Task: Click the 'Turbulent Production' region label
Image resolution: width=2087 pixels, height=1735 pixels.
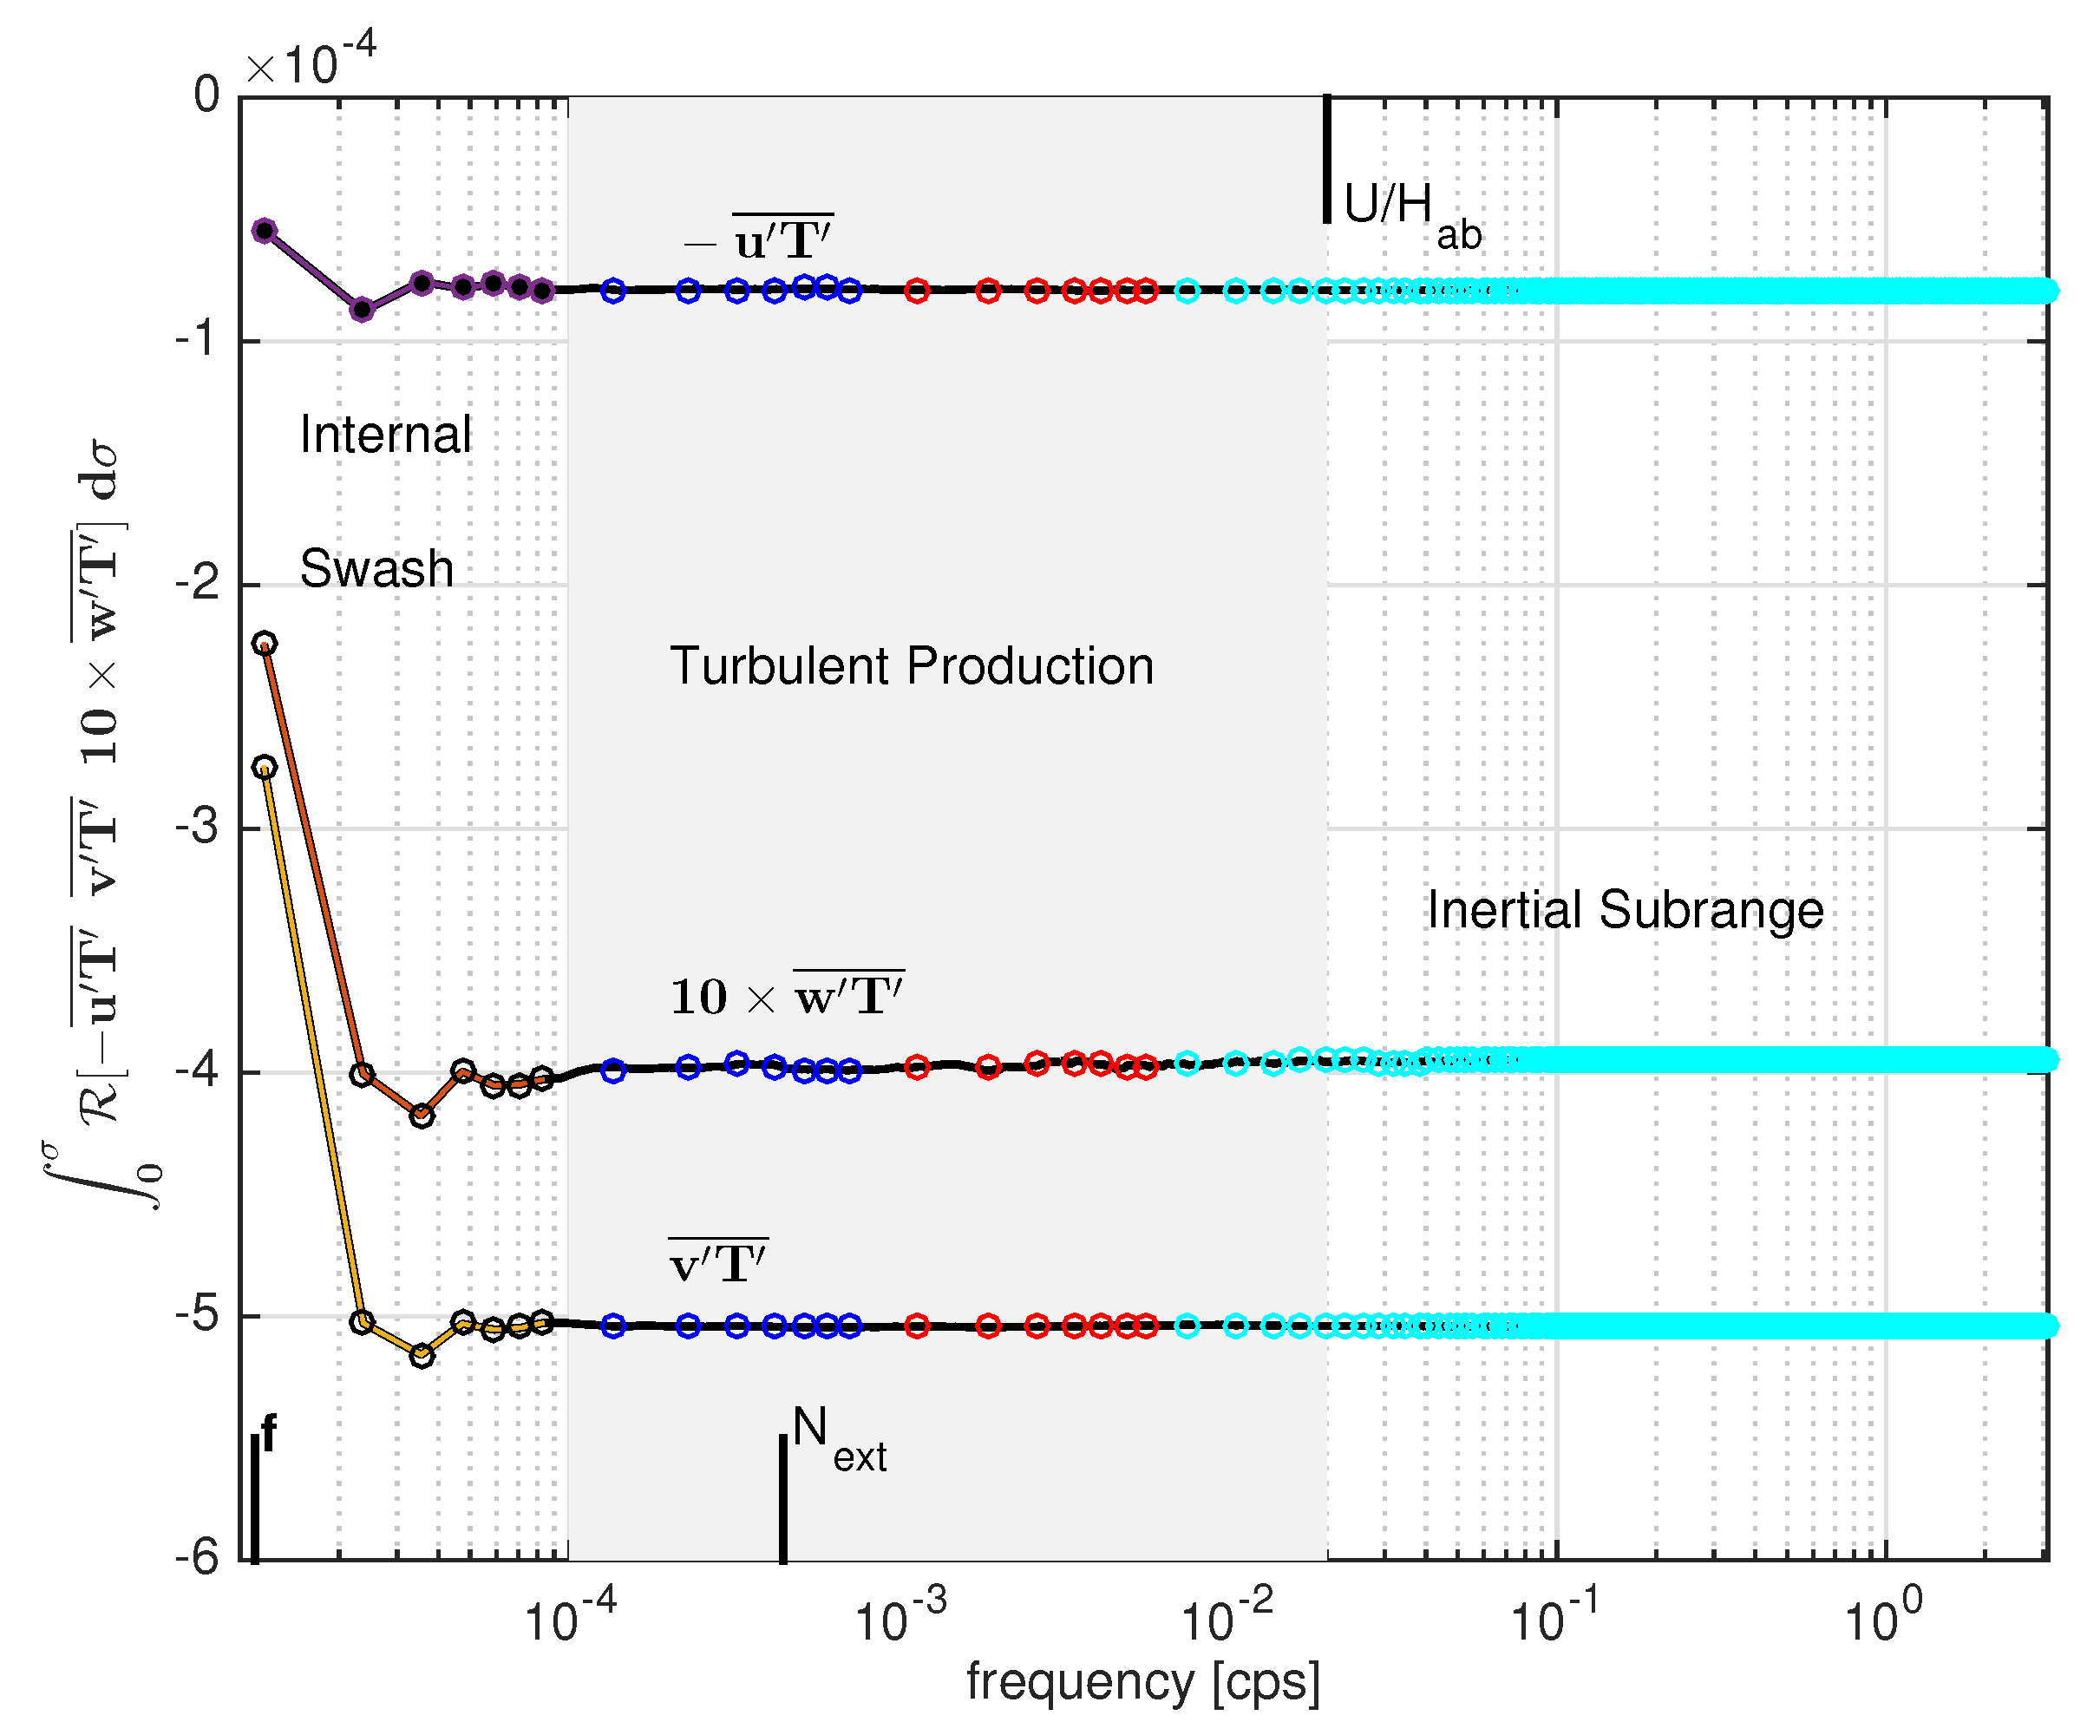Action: tap(912, 665)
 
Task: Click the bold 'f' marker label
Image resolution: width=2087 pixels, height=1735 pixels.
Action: tap(268, 1434)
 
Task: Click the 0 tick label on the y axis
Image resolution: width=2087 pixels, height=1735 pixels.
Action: tap(206, 95)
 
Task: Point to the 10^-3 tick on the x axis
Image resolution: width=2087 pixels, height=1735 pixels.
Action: tap(899, 1620)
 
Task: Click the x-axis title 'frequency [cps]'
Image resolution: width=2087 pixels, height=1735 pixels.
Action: tap(1143, 1682)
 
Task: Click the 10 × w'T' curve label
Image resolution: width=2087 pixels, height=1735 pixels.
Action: tap(786, 995)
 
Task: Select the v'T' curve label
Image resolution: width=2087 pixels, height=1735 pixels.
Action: tap(717, 1262)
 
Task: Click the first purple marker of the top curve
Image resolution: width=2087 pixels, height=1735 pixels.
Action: tap(265, 231)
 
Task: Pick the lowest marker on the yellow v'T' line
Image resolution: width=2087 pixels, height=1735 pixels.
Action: tap(422, 1354)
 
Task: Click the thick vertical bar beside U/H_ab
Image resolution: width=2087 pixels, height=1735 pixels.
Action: tap(1327, 159)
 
